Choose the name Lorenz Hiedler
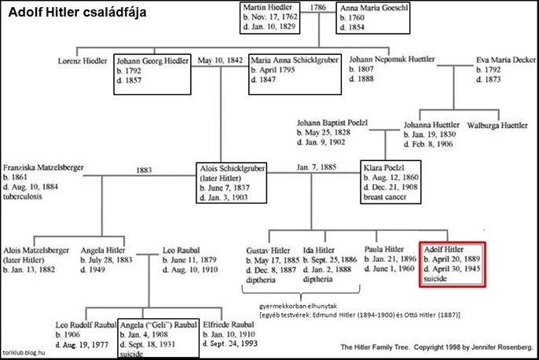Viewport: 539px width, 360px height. pyautogui.click(x=82, y=60)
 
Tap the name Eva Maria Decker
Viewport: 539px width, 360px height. pyautogui.click(x=503, y=60)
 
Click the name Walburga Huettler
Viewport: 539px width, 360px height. pyautogui.click(x=502, y=125)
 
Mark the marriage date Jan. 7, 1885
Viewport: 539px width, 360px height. pyautogui.click(x=317, y=167)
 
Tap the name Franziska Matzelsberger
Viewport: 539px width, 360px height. pyautogui.click(x=43, y=167)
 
